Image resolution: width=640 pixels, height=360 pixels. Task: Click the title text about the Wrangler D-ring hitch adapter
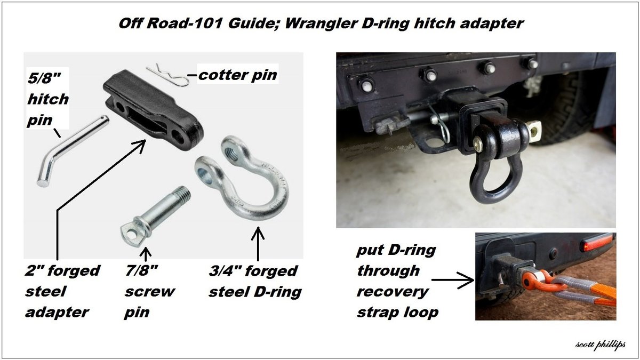click(x=321, y=23)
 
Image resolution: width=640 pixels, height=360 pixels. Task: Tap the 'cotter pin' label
click(x=238, y=75)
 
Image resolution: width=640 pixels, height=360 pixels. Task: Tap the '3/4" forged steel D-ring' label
click(x=255, y=282)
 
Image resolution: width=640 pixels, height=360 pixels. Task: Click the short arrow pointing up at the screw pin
click(x=146, y=254)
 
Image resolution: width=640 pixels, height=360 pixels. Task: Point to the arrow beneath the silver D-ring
click(x=258, y=244)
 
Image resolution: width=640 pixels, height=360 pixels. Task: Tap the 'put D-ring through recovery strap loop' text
click(x=397, y=281)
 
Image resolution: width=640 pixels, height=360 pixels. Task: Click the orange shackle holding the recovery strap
click(x=537, y=282)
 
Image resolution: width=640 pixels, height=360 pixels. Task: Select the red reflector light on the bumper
click(x=597, y=242)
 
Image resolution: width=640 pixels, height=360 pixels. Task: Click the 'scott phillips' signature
click(x=601, y=345)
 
